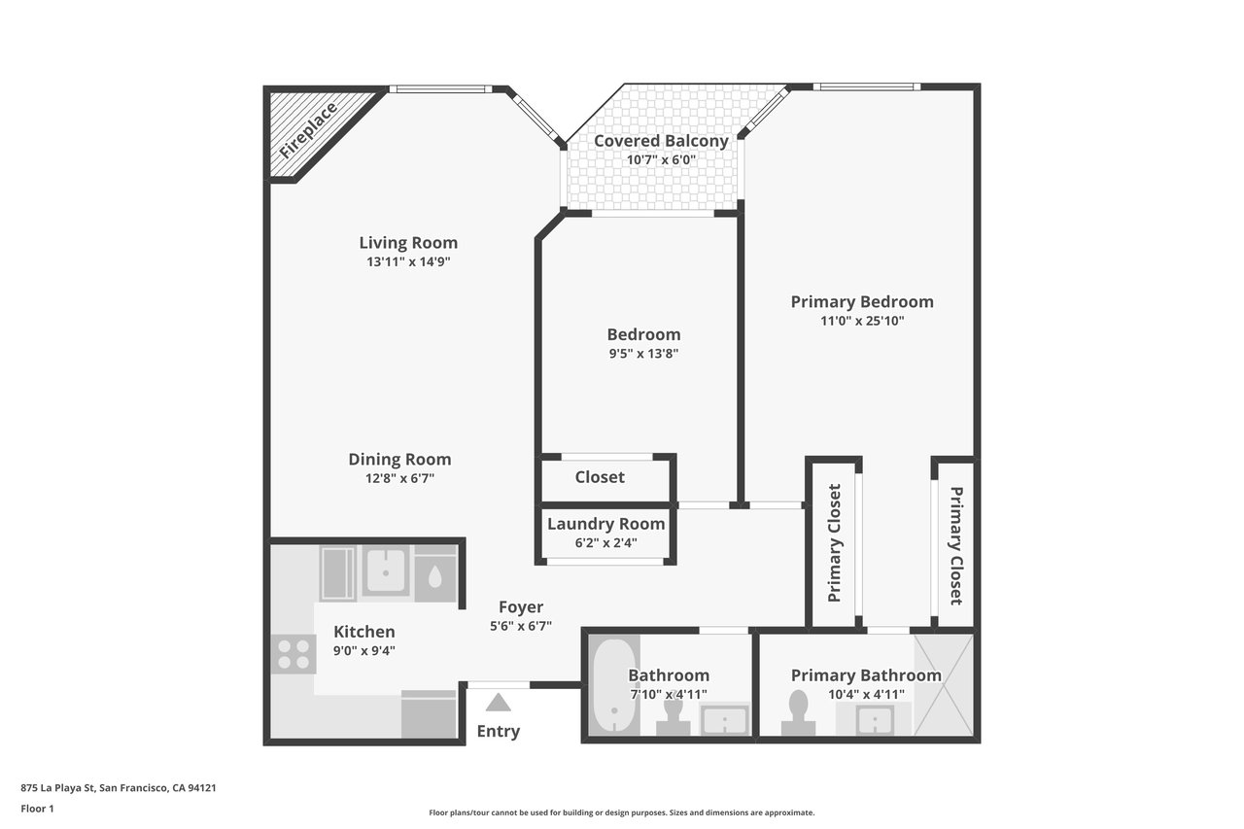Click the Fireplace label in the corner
click(x=309, y=130)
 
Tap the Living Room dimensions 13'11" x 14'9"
click(x=408, y=261)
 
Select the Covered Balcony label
click(x=661, y=141)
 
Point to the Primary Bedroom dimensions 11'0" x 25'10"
click(x=862, y=321)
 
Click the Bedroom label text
click(x=643, y=334)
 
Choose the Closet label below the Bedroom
click(x=600, y=477)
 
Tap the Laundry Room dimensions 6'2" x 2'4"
click(x=605, y=542)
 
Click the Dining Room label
click(x=399, y=459)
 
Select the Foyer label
click(x=520, y=606)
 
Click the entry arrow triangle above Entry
click(x=499, y=703)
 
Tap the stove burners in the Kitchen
click(x=294, y=654)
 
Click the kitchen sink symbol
click(x=386, y=570)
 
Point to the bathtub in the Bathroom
click(x=614, y=686)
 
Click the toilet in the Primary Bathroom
click(x=798, y=713)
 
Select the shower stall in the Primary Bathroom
click(x=944, y=685)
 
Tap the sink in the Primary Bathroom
click(x=875, y=719)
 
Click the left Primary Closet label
click(x=834, y=543)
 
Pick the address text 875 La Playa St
click(x=57, y=788)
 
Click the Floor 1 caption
click(x=37, y=809)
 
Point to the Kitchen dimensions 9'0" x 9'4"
click(x=364, y=650)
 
